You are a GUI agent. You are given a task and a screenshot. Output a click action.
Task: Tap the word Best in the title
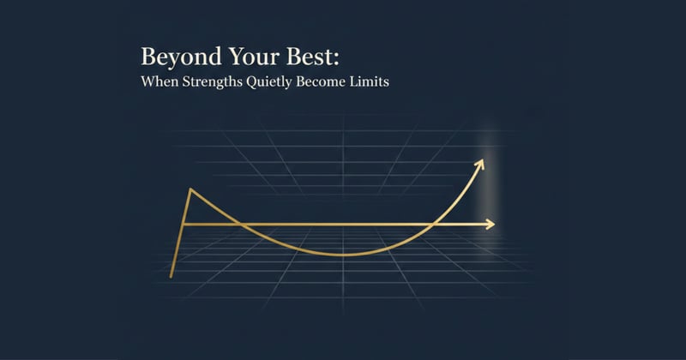(306, 59)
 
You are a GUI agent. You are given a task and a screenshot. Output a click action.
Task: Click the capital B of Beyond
(148, 59)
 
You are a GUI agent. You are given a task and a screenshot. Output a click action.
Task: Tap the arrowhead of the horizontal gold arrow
(490, 225)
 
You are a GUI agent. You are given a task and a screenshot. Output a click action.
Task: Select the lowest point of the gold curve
(343, 255)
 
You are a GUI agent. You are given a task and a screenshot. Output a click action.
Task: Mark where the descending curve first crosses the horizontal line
(243, 225)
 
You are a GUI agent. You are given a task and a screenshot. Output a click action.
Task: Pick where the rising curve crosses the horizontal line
(437, 225)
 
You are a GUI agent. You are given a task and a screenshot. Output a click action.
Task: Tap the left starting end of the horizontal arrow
(183, 225)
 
